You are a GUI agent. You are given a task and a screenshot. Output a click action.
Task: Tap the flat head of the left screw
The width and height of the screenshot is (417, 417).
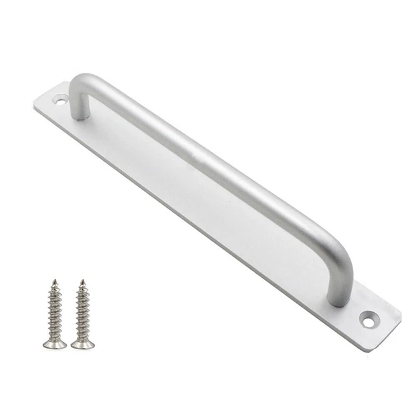tap(55, 343)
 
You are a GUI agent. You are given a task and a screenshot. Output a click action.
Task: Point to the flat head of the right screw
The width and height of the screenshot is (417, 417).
tap(83, 343)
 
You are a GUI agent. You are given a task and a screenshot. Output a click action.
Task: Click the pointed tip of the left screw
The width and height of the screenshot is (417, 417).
tap(54, 281)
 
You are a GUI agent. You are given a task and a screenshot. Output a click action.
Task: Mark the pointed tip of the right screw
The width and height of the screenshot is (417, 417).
tap(82, 281)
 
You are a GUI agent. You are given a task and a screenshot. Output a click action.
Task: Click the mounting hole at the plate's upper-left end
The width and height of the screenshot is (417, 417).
tap(61, 101)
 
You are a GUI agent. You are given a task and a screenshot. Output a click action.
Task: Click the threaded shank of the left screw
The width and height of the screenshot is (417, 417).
tap(55, 309)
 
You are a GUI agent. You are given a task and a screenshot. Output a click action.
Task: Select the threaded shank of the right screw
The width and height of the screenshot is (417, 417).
tap(82, 309)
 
